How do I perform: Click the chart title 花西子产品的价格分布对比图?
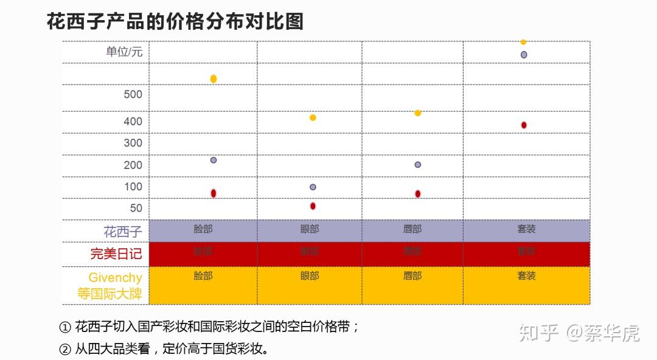click(x=175, y=22)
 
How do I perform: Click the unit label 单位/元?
click(x=124, y=52)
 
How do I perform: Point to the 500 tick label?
click(x=133, y=94)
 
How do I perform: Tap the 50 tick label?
click(x=136, y=208)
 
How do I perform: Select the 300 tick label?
click(x=133, y=143)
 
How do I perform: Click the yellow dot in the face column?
click(x=214, y=78)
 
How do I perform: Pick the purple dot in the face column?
click(x=214, y=160)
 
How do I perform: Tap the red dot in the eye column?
click(x=313, y=206)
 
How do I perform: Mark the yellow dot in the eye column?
click(x=313, y=117)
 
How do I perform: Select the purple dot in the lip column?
click(x=418, y=165)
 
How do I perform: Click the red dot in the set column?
click(x=524, y=125)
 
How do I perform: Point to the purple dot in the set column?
click(x=524, y=55)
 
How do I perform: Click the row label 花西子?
click(x=123, y=232)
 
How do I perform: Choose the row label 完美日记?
click(x=116, y=254)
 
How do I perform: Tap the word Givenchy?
click(x=116, y=277)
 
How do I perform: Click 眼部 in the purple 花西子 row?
click(x=310, y=229)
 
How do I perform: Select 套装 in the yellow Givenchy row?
click(x=527, y=275)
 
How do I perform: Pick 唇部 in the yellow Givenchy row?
click(x=412, y=275)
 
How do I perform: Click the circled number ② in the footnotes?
click(x=65, y=349)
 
